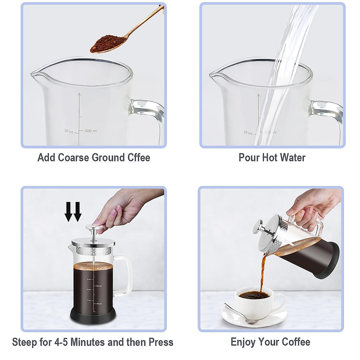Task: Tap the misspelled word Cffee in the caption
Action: [139, 157]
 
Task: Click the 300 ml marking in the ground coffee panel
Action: [91, 131]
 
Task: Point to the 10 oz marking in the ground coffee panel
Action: [68, 131]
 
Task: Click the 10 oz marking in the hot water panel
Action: [247, 132]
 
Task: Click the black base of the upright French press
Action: [93, 316]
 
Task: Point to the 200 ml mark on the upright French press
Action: [99, 286]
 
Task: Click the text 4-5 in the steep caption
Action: [61, 342]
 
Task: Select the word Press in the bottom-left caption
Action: [161, 342]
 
